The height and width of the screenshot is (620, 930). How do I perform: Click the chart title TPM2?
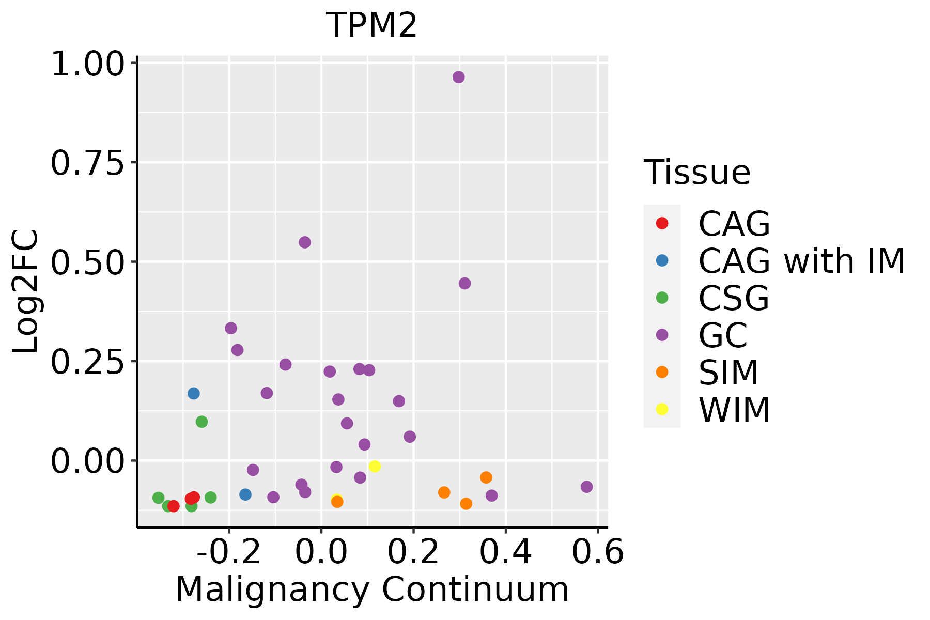click(x=371, y=25)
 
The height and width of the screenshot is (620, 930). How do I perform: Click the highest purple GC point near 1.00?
click(x=458, y=77)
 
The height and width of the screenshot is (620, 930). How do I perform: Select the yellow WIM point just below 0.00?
click(x=375, y=467)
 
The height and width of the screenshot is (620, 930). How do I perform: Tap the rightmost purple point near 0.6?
click(x=586, y=487)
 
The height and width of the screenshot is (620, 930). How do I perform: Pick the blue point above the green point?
click(x=193, y=393)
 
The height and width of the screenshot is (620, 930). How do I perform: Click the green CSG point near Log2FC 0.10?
click(x=202, y=422)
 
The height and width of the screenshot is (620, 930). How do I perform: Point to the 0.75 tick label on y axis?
click(x=88, y=163)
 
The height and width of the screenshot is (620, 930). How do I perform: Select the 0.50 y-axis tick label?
click(x=88, y=262)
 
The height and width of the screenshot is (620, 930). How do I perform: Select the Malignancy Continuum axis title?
click(x=372, y=590)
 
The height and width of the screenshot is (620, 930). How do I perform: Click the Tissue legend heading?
click(x=697, y=173)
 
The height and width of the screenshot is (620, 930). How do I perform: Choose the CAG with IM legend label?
click(x=801, y=261)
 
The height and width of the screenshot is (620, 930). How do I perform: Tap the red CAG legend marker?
click(x=662, y=223)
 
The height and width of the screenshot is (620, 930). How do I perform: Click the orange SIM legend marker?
click(x=662, y=372)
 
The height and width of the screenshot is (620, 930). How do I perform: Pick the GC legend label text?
click(x=723, y=335)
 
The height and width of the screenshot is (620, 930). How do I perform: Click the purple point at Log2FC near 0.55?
click(x=305, y=242)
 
